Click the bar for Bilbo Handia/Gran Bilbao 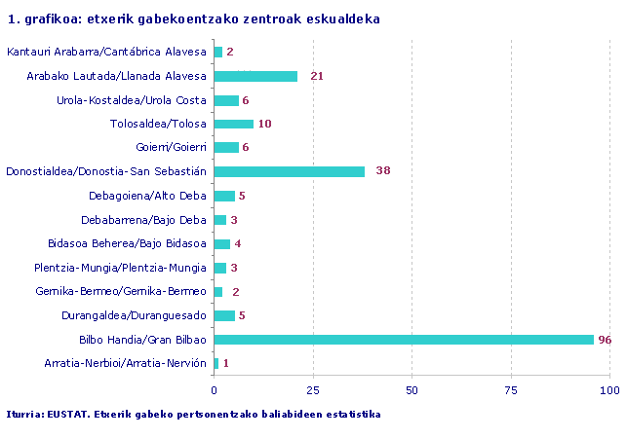[404, 340]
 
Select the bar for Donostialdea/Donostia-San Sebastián [289, 171]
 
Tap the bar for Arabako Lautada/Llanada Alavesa [255, 76]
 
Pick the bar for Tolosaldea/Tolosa [233, 124]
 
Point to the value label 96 [605, 340]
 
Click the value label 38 [382, 171]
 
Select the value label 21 [316, 76]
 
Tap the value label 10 [265, 124]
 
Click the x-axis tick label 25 [312, 389]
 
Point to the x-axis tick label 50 [411, 389]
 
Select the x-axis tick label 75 [511, 389]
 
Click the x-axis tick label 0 [214, 389]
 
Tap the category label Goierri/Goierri [172, 148]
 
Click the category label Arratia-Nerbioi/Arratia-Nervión [126, 363]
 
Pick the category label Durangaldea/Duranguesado [147, 315]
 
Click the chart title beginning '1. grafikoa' [193, 19]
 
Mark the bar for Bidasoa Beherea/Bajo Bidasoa [221, 243]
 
